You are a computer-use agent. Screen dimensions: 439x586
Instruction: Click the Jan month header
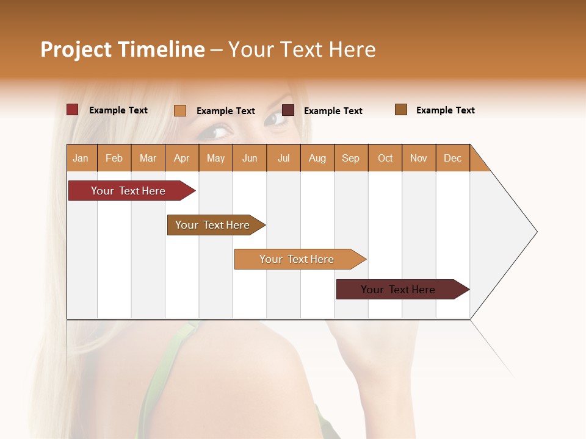pyautogui.click(x=81, y=158)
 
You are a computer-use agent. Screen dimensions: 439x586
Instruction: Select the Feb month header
pyautogui.click(x=114, y=158)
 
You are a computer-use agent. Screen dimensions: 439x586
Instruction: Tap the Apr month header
pyautogui.click(x=181, y=158)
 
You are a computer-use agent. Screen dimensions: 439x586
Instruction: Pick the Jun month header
pyautogui.click(x=250, y=158)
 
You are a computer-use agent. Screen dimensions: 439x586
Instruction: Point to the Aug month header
pyautogui.click(x=317, y=158)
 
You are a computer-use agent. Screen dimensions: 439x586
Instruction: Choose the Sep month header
pyautogui.click(x=350, y=158)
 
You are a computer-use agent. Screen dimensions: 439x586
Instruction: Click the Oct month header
pyautogui.click(x=385, y=158)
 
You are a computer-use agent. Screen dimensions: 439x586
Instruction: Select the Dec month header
pyautogui.click(x=452, y=158)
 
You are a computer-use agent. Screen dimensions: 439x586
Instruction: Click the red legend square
pyautogui.click(x=73, y=110)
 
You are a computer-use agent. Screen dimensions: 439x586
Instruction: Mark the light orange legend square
pyautogui.click(x=180, y=110)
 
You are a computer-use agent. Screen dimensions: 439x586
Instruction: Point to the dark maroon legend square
pyautogui.click(x=288, y=110)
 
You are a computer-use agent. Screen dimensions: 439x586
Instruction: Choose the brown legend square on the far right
pyautogui.click(x=401, y=110)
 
